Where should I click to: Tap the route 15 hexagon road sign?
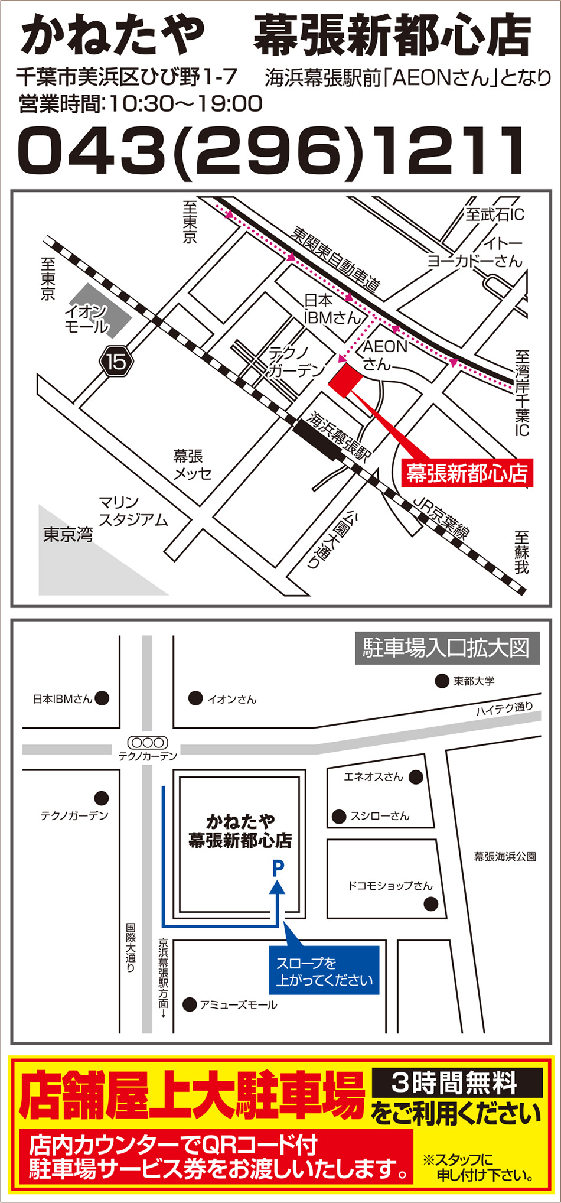click(116, 361)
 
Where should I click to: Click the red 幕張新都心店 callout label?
click(467, 473)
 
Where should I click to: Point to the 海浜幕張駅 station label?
click(338, 435)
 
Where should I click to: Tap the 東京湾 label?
click(68, 535)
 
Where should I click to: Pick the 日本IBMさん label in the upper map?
click(332, 310)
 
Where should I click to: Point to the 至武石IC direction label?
click(494, 214)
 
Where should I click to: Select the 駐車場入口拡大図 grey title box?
click(446, 648)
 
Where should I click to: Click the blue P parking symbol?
click(278, 867)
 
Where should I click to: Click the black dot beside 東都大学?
click(442, 681)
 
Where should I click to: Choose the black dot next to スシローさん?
click(339, 817)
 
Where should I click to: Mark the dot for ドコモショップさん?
click(431, 903)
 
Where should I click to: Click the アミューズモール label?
click(238, 1004)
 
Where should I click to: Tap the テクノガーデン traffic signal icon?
click(148, 743)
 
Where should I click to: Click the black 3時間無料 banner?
click(457, 1083)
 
